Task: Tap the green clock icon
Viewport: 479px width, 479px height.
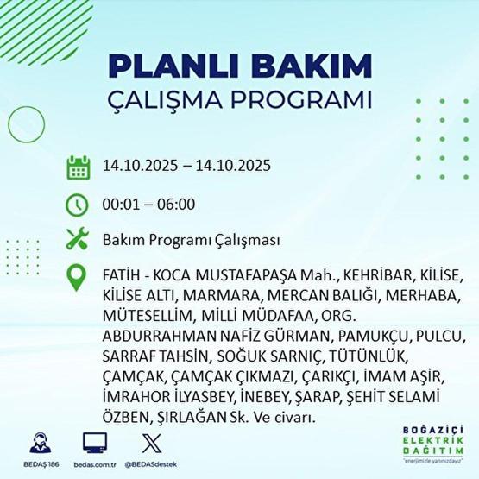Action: (x=78, y=205)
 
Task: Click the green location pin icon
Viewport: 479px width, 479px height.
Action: (x=78, y=278)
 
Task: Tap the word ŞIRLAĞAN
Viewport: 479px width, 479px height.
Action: (x=199, y=415)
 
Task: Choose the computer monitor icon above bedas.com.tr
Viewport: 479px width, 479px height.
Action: (x=95, y=443)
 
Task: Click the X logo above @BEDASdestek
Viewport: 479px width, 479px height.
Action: (x=151, y=443)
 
